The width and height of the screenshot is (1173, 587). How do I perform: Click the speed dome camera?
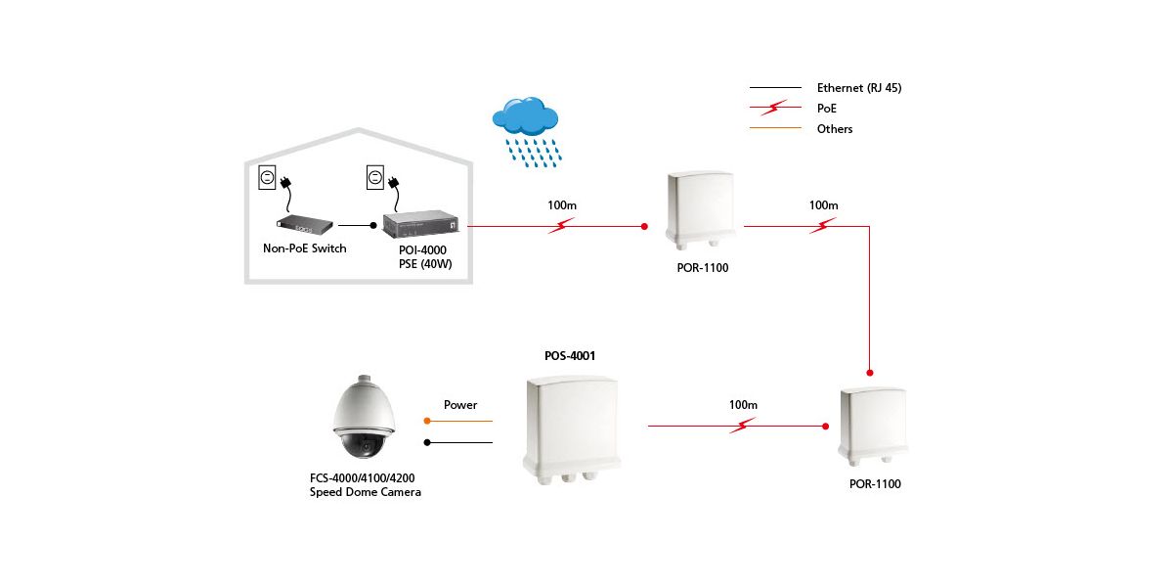[x=366, y=419]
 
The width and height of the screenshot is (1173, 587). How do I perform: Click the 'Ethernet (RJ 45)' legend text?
[x=858, y=88]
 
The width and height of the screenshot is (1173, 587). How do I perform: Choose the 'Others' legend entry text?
[x=835, y=129]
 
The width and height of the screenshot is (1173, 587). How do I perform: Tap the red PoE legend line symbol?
[x=773, y=109]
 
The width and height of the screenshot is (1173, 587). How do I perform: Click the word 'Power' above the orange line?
[x=460, y=405]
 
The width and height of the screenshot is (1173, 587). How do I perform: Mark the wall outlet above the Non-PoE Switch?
[x=267, y=177]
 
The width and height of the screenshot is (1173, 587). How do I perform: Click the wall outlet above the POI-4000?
[x=373, y=177]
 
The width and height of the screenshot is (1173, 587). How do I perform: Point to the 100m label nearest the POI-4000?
[x=561, y=206]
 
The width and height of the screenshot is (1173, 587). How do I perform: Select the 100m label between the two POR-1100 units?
[x=823, y=206]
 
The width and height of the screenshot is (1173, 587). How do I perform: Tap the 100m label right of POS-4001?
[x=743, y=405]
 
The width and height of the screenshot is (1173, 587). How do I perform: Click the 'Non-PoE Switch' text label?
[x=305, y=248]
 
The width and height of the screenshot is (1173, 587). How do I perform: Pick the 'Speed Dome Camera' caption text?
[x=366, y=492]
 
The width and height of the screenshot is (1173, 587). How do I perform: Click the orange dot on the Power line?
[x=427, y=421]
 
